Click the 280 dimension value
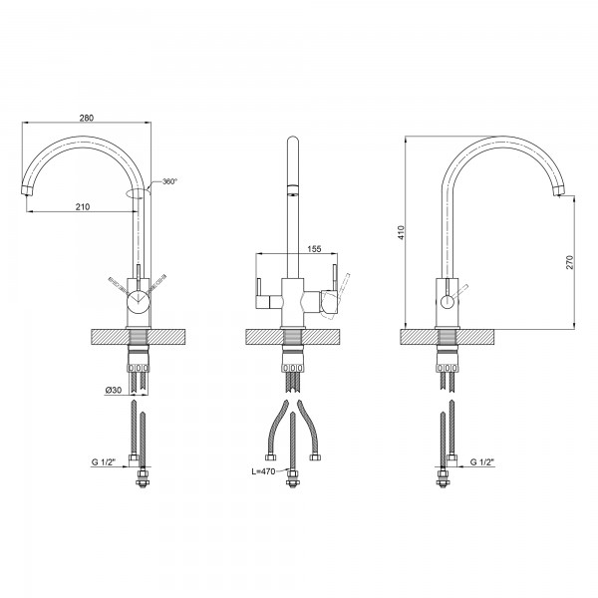[87, 118]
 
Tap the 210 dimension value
[83, 206]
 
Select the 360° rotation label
[169, 181]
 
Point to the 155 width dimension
[314, 249]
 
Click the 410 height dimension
[401, 232]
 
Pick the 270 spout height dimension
[569, 262]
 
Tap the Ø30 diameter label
[113, 390]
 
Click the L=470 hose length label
[263, 471]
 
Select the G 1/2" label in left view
[104, 462]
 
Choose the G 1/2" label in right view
[482, 462]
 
